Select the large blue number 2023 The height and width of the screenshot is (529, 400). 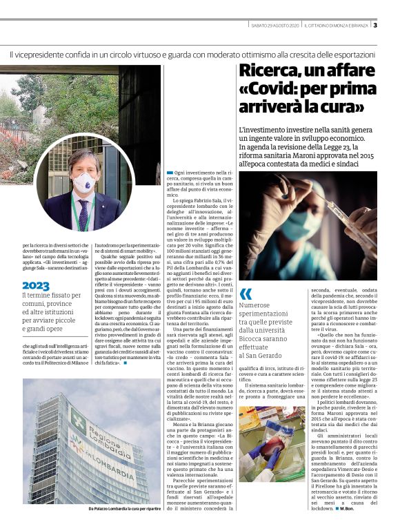click(36, 285)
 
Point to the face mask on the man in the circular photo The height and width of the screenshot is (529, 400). click(83, 183)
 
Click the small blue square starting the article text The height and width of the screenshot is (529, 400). click(170, 172)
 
